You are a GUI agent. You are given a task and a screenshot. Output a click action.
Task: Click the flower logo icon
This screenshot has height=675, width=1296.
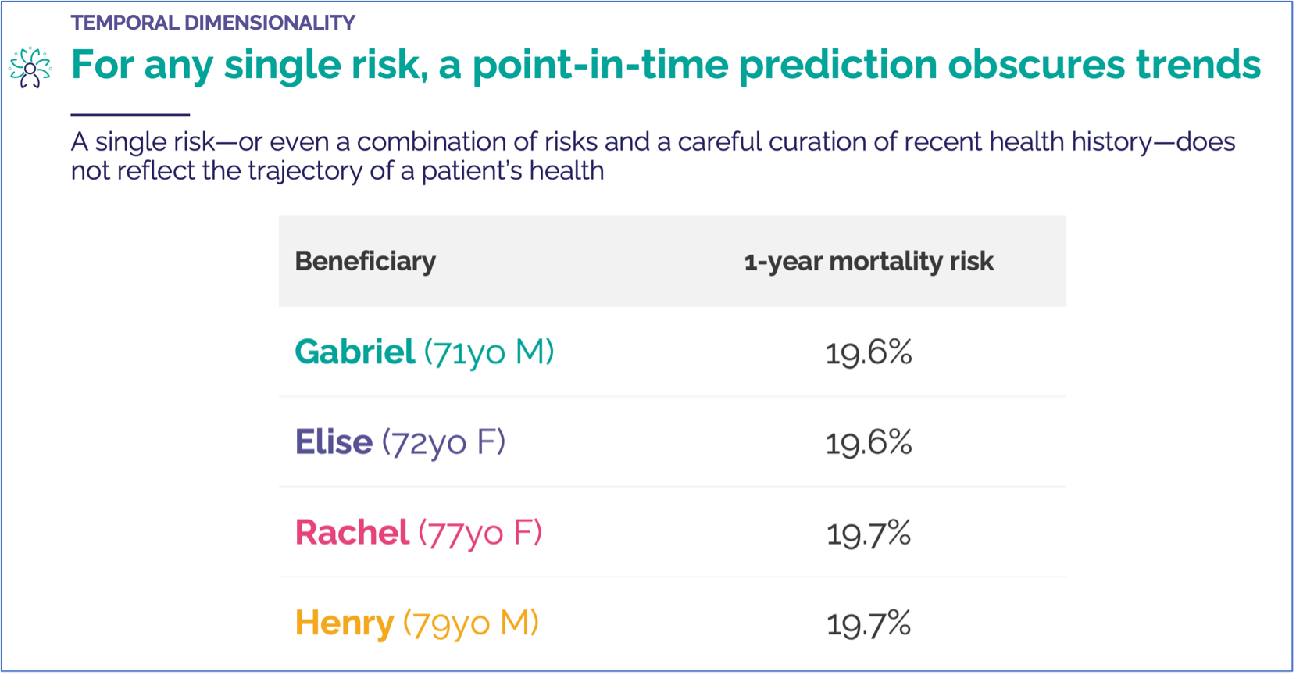(x=30, y=67)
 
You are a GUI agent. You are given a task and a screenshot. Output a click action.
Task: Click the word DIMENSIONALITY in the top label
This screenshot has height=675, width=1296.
(x=270, y=23)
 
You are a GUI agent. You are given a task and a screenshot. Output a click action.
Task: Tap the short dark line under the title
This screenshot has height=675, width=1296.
(x=130, y=115)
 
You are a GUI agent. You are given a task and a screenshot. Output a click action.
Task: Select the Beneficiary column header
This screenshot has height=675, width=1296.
(x=365, y=261)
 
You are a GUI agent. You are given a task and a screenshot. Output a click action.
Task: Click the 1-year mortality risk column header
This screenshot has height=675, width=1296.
(x=868, y=261)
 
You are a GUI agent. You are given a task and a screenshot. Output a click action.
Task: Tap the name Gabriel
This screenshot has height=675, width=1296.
(x=355, y=352)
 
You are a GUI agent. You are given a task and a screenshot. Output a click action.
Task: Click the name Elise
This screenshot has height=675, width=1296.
(x=334, y=442)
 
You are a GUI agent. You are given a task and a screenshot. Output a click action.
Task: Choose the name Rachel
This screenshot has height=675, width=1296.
(x=352, y=533)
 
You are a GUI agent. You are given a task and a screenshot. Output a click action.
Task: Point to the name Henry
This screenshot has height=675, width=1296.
(x=344, y=623)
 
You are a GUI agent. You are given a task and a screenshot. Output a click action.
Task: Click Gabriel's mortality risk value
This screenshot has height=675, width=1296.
(x=868, y=352)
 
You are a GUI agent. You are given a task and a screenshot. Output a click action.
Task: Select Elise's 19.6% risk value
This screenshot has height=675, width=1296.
(x=868, y=443)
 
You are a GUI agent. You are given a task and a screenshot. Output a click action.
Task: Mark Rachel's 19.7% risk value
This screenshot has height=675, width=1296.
(x=868, y=534)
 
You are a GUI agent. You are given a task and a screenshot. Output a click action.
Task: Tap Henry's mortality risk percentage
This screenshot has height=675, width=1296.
(x=868, y=623)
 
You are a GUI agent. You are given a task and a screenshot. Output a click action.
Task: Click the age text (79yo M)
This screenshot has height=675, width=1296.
(x=471, y=623)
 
